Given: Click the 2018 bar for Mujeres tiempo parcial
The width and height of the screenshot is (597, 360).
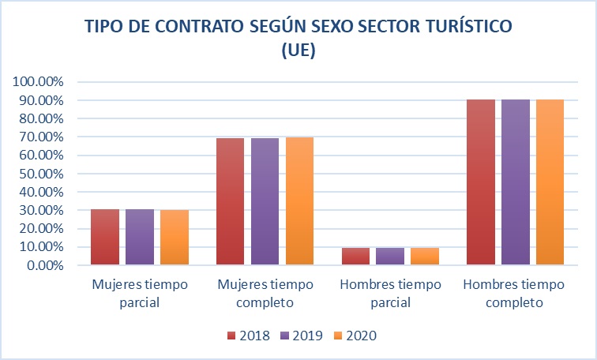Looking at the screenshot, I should pyautogui.click(x=105, y=237).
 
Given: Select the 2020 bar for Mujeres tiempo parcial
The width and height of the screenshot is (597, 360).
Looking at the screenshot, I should pyautogui.click(x=175, y=237).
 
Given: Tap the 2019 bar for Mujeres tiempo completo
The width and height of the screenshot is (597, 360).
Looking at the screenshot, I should pyautogui.click(x=265, y=201).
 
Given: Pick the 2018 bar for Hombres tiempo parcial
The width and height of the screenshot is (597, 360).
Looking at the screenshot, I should pyautogui.click(x=355, y=256).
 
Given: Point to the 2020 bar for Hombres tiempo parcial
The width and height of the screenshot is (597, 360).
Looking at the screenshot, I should pyautogui.click(x=425, y=256).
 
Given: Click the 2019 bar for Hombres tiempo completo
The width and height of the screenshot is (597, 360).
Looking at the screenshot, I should pyautogui.click(x=516, y=182).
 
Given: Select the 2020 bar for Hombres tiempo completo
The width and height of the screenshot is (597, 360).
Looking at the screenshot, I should pyautogui.click(x=550, y=182).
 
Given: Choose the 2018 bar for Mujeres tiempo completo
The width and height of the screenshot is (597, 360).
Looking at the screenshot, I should pyautogui.click(x=230, y=201).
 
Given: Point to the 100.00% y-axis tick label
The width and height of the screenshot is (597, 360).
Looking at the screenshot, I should pyautogui.click(x=39, y=82).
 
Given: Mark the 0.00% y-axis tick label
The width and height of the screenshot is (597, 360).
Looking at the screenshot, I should pyautogui.click(x=45, y=265).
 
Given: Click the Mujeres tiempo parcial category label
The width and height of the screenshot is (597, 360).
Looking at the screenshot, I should pyautogui.click(x=140, y=293).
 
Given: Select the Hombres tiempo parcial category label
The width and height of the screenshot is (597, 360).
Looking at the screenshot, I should pyautogui.click(x=390, y=293).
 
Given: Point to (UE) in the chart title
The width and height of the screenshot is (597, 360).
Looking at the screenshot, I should pyautogui.click(x=298, y=51).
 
